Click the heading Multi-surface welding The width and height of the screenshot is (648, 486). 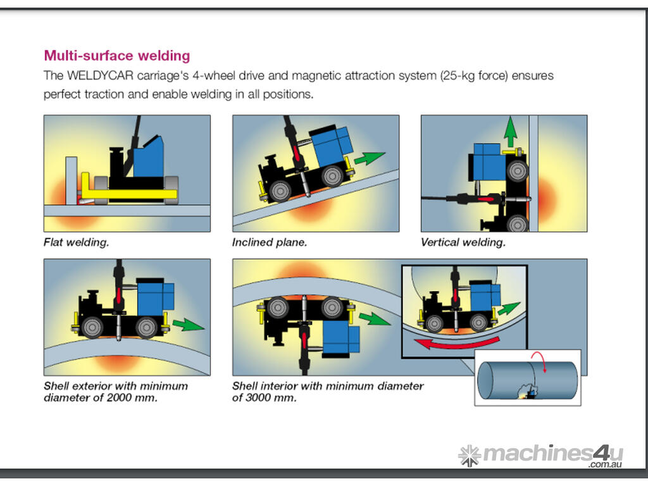[116, 56]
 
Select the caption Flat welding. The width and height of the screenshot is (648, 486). [76, 242]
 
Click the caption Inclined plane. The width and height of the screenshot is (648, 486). [270, 242]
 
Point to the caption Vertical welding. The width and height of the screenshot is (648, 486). [463, 242]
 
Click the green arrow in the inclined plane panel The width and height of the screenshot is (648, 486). [370, 158]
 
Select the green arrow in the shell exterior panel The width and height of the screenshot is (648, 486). [188, 325]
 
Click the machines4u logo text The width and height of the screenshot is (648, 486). [552, 453]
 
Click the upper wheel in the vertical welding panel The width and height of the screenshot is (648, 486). [517, 169]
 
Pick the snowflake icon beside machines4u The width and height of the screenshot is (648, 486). [469, 455]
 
